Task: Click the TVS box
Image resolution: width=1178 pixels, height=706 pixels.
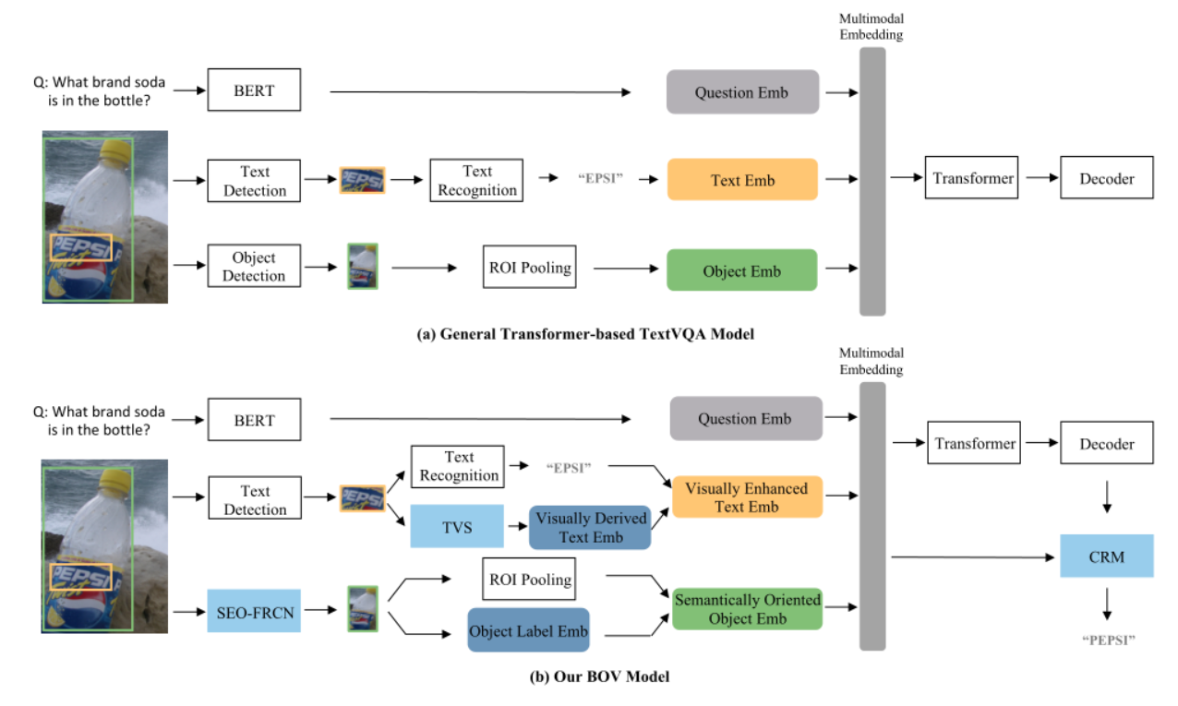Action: pos(458,527)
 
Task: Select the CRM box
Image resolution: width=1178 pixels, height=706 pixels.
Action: pos(1106,556)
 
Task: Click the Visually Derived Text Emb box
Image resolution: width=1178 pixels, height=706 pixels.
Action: pos(589,527)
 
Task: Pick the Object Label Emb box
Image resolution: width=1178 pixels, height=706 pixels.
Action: pos(528,631)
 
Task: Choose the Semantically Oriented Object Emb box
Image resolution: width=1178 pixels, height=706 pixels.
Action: pos(747,609)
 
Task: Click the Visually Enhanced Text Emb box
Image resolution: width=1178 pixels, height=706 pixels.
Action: pos(746,497)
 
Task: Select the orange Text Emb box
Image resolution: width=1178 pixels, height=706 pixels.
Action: pos(741,180)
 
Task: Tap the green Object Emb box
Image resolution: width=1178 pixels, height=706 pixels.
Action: pos(741,270)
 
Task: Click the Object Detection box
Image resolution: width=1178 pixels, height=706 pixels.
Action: pos(254,267)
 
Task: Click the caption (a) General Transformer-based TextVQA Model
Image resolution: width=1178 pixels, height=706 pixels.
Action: pos(585,334)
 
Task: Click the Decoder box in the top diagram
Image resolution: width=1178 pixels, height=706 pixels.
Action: pos(1106,178)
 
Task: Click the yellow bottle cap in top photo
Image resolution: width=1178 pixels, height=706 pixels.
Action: pos(114,152)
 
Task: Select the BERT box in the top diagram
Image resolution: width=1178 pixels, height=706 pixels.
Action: pos(254,91)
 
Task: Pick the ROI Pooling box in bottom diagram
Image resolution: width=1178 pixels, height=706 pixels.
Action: pos(528,580)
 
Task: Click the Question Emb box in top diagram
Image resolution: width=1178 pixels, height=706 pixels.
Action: pos(741,92)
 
